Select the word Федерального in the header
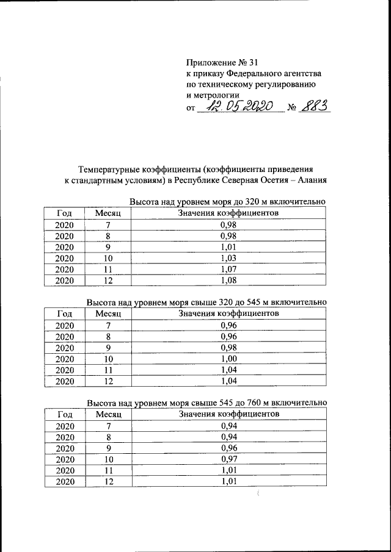click(x=252, y=73)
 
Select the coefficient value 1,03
click(x=228, y=259)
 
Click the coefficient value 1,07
click(x=228, y=270)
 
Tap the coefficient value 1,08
click(x=228, y=281)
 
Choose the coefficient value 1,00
click(x=228, y=359)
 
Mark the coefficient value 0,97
click(x=228, y=459)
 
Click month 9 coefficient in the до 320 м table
click(x=228, y=247)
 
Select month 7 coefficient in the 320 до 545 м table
click(x=228, y=325)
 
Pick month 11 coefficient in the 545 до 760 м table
click(x=228, y=470)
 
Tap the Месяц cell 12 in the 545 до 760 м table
click(x=108, y=482)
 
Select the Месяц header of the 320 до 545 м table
click(x=108, y=313)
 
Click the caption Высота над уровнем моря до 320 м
click(x=226, y=202)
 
